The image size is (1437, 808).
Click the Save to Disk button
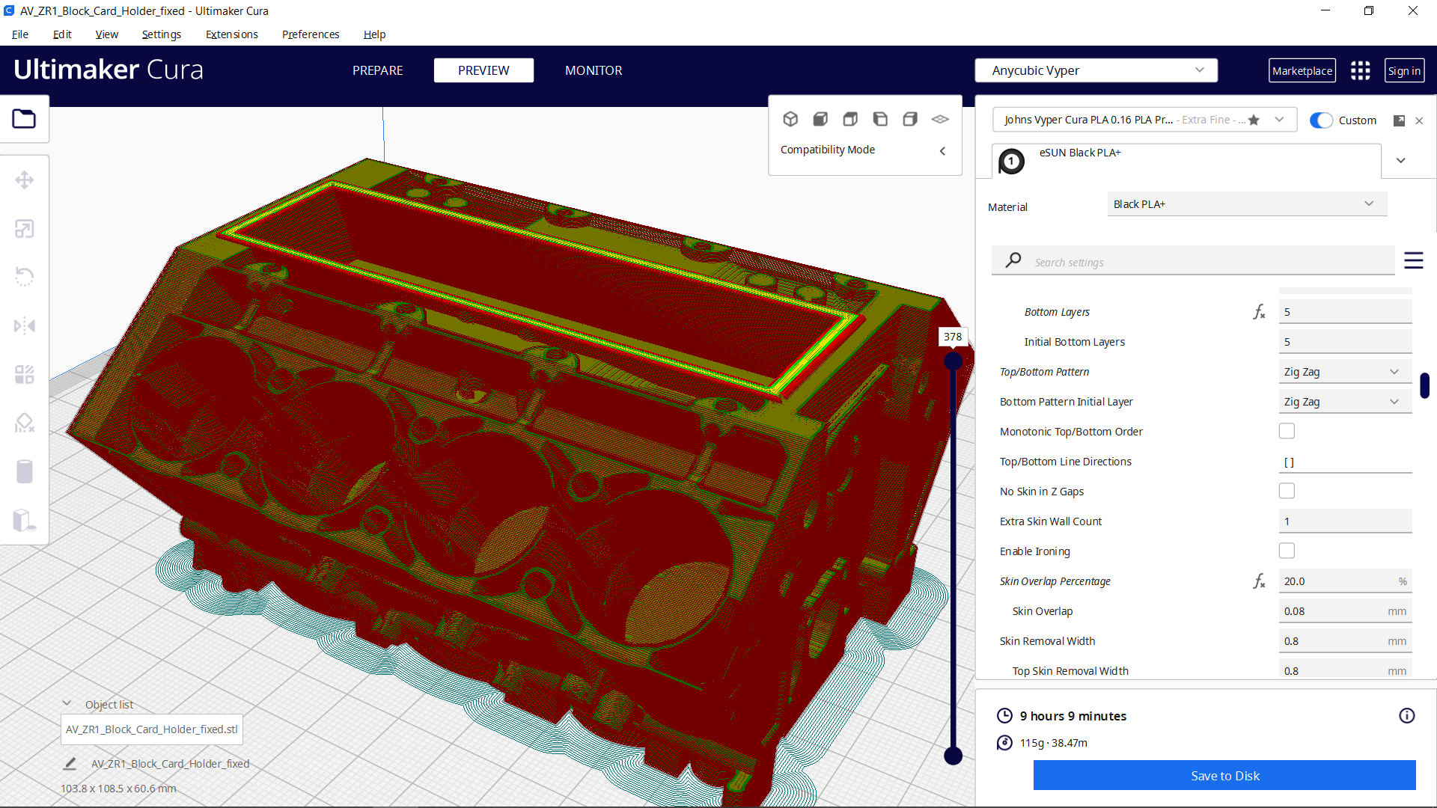tap(1224, 776)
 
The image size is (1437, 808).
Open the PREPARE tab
tap(377, 70)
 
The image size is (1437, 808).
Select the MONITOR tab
tap(594, 70)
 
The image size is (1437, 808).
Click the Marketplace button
tap(1302, 70)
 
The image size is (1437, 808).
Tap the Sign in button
tap(1403, 70)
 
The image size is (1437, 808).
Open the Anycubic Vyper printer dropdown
tap(1096, 70)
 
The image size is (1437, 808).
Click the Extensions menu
tap(231, 34)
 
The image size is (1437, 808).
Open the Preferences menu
tap(311, 34)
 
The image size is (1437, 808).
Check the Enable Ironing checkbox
tap(1287, 551)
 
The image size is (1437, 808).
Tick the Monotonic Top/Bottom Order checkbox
tap(1287, 432)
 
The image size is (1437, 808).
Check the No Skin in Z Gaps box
tap(1287, 492)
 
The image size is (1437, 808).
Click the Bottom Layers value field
tap(1344, 312)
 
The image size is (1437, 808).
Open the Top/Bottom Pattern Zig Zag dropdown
tap(1344, 372)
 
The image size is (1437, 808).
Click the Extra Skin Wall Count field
tap(1344, 521)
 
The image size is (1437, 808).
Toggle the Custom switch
tap(1321, 120)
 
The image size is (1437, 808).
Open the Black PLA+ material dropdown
tap(1246, 204)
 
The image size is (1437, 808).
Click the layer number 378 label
tap(953, 337)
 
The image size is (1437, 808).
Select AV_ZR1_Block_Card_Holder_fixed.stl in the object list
tap(152, 729)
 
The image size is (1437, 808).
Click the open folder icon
tap(24, 119)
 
